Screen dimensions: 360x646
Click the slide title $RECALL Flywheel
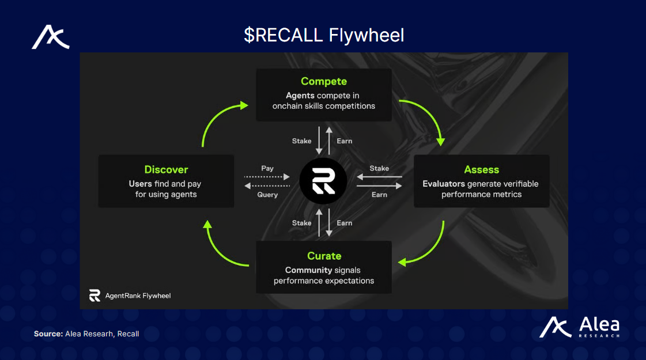coord(323,35)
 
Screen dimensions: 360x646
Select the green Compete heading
coord(323,81)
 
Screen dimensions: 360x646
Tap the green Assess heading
coord(481,169)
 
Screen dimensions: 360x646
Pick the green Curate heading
coord(324,256)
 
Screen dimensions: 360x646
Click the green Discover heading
coord(166,169)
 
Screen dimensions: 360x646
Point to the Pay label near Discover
coord(267,168)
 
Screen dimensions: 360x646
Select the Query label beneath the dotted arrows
coord(267,195)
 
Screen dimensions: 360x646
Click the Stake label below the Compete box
coord(301,141)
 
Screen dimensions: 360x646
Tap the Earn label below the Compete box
coord(345,141)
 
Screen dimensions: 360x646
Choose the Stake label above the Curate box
coord(301,223)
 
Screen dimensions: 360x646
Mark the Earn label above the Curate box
coord(345,223)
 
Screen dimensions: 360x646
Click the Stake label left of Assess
coord(379,168)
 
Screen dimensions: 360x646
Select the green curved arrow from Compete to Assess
coord(429,115)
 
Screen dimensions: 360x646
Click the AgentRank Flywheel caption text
coord(138,295)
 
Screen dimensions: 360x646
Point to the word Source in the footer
coord(48,334)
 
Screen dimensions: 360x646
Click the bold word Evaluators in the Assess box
coord(443,184)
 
